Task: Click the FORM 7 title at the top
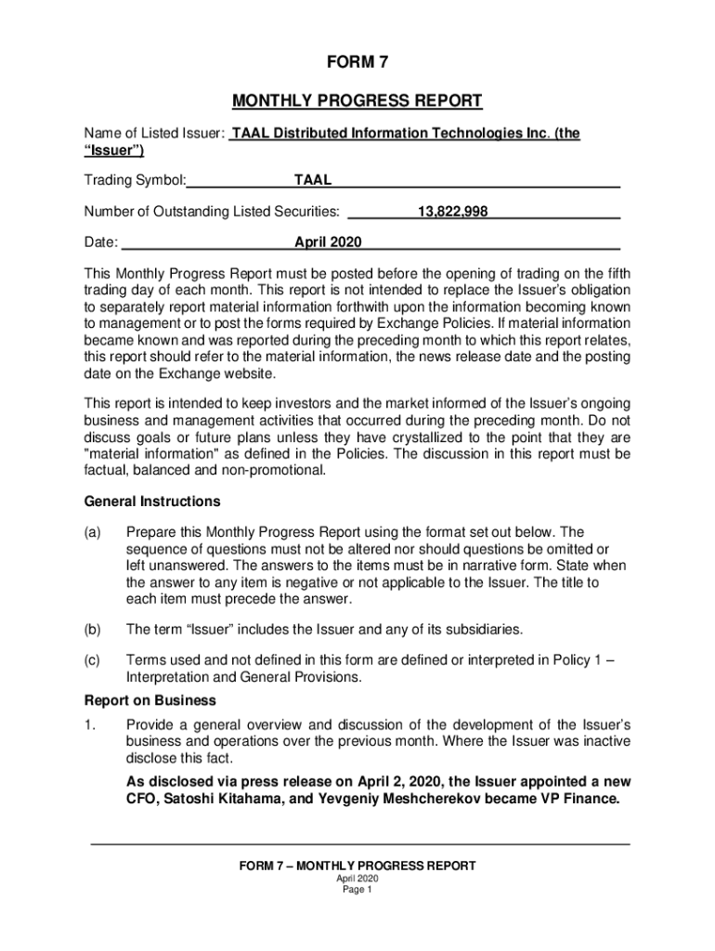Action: point(357,63)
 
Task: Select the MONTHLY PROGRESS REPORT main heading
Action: point(357,100)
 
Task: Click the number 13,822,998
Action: point(452,212)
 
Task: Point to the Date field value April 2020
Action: point(328,243)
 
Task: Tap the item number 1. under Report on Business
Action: point(90,724)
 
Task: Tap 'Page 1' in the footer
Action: point(357,890)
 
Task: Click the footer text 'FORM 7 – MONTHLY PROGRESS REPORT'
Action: point(357,866)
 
